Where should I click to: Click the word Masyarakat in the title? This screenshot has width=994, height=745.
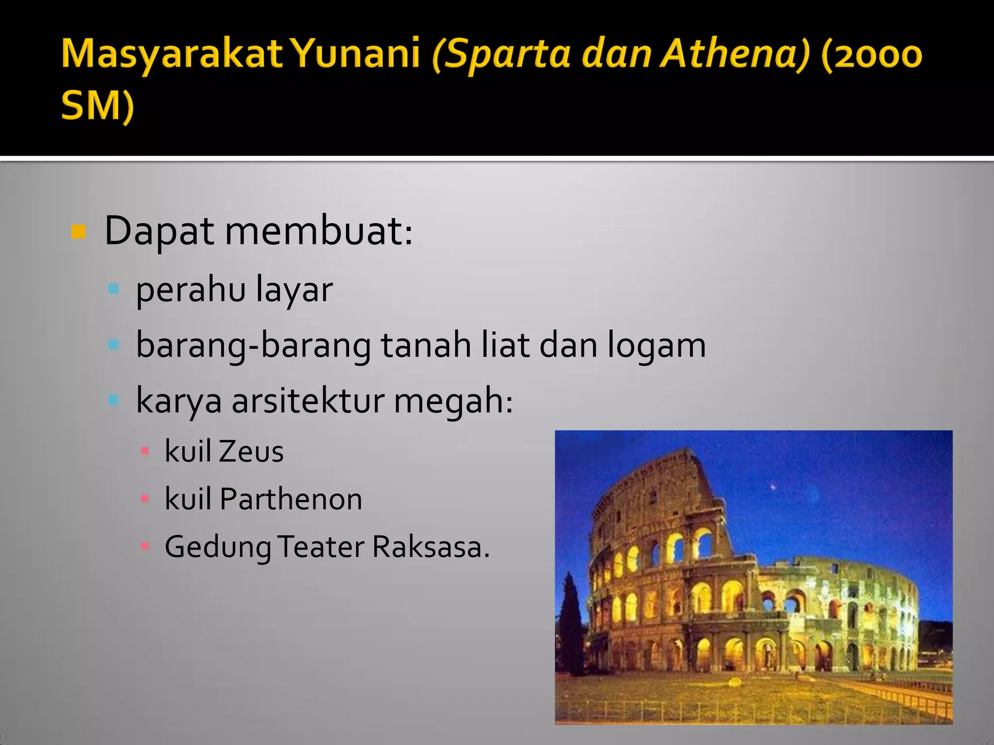172,54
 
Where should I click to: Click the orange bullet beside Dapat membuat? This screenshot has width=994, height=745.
78,232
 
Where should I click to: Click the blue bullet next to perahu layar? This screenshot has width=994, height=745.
114,290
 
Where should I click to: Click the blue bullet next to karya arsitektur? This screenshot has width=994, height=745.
114,400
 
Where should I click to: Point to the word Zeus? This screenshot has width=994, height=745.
251,452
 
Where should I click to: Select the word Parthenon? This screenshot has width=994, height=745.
291,499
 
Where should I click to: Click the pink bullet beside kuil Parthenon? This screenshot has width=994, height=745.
145,499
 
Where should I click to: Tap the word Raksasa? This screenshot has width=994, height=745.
431,547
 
